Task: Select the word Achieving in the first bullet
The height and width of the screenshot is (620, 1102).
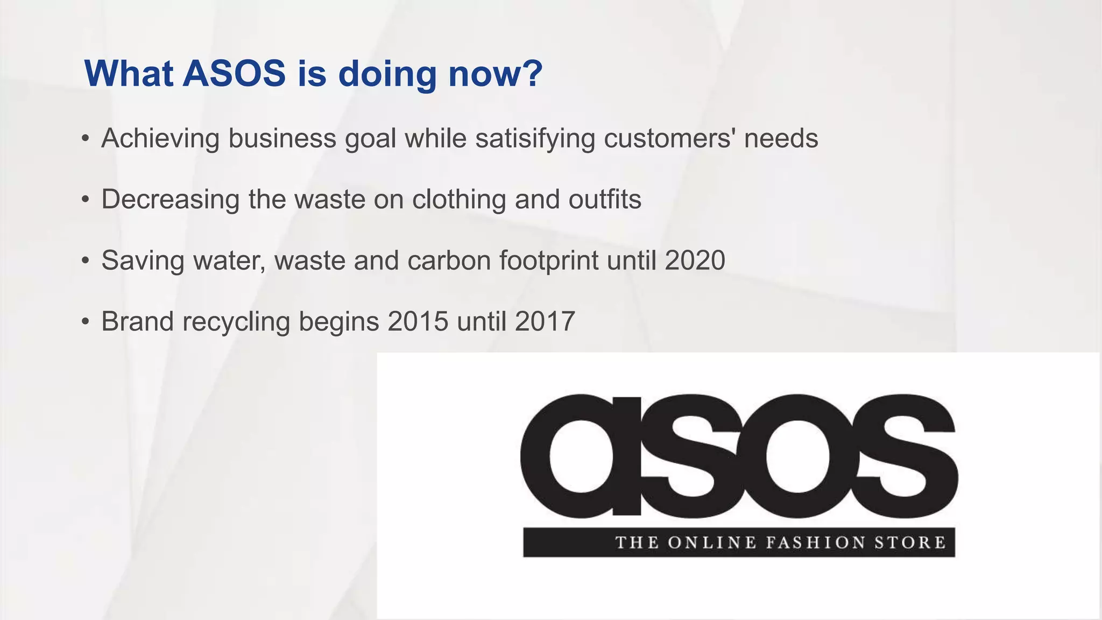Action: pyautogui.click(x=160, y=138)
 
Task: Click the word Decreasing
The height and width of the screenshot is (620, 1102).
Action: pyautogui.click(x=170, y=199)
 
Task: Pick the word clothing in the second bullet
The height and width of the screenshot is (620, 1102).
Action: pyautogui.click(x=459, y=199)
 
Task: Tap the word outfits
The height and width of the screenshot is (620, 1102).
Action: pyautogui.click(x=605, y=199)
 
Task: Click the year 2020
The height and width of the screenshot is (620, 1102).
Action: pyautogui.click(x=695, y=260)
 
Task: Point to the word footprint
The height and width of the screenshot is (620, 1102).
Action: pyautogui.click(x=549, y=260)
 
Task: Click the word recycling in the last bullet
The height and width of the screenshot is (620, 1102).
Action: pyautogui.click(x=236, y=322)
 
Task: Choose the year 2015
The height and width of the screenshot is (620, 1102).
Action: pyautogui.click(x=418, y=322)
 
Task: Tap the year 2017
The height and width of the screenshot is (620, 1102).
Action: pyautogui.click(x=545, y=322)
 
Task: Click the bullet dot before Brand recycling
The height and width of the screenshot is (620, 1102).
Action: pyautogui.click(x=85, y=322)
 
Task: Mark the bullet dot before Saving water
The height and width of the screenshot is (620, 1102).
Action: pyautogui.click(x=85, y=261)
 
